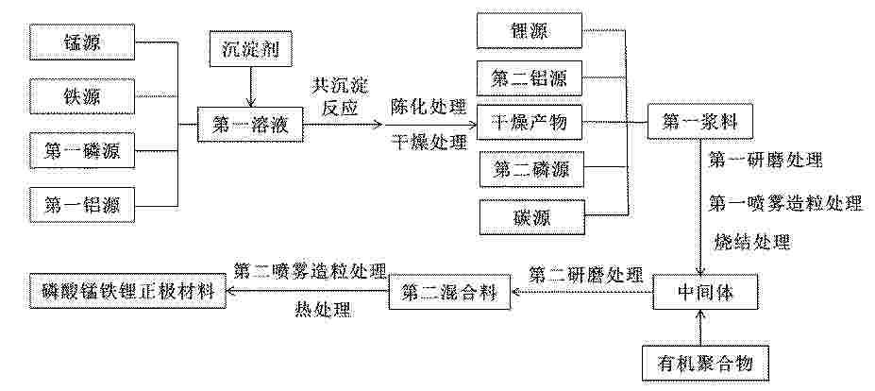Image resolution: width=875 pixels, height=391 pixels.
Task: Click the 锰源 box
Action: click(82, 42)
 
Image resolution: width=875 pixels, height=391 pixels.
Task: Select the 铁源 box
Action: click(82, 96)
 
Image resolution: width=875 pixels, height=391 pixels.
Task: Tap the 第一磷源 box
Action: click(82, 151)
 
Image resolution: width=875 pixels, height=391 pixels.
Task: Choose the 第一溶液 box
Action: click(250, 124)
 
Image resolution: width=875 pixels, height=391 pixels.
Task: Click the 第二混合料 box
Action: click(450, 291)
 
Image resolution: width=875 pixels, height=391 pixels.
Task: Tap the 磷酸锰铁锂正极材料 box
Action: click(128, 291)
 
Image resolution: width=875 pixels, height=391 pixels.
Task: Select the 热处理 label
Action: click(323, 310)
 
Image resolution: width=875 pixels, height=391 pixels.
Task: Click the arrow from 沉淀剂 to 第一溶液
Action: click(251, 87)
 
